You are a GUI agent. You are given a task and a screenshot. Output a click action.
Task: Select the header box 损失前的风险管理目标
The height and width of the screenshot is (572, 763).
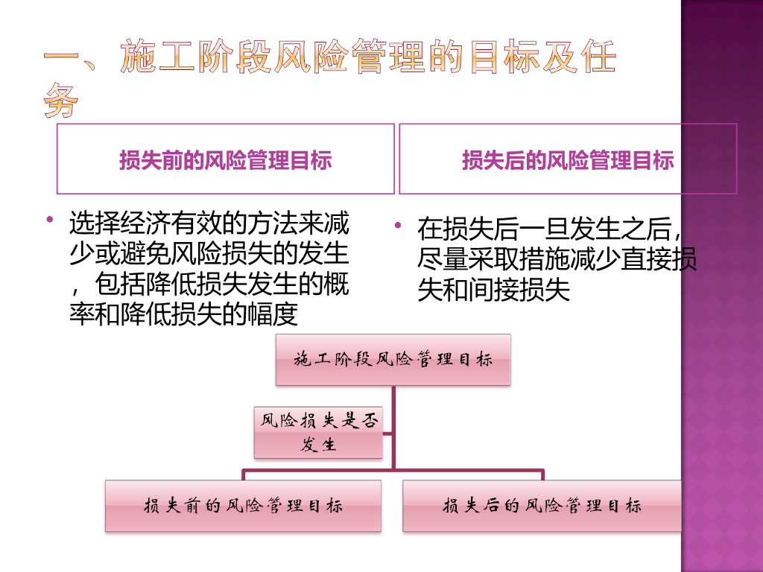pos(226,159)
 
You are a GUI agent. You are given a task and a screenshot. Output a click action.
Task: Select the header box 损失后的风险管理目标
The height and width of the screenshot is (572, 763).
pos(568,159)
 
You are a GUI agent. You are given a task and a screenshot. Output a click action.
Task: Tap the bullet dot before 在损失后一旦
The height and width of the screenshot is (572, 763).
pos(399,225)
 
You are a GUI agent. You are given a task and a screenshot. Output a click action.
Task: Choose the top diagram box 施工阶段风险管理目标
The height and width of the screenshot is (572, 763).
pos(393,360)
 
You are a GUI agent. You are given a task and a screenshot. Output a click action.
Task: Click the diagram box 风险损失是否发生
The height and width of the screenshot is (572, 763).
pos(318,432)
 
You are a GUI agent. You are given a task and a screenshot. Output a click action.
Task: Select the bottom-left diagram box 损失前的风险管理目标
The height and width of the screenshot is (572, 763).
pos(243,506)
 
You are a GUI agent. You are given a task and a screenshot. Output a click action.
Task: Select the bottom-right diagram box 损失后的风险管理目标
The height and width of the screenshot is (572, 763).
pos(542,506)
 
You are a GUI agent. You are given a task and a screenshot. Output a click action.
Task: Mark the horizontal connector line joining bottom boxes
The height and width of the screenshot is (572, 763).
pos(393,471)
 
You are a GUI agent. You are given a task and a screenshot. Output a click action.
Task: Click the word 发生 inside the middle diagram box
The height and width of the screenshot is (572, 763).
pos(318,445)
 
